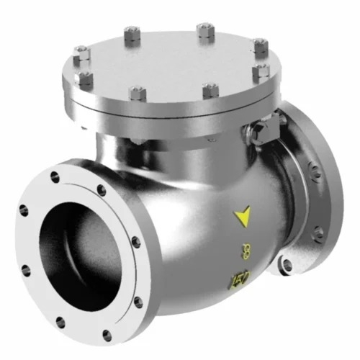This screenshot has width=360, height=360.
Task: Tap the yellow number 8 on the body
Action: [x=247, y=251]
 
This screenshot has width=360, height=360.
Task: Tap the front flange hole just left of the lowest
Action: [x=60, y=323]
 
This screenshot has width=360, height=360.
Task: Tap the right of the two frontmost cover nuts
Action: [x=210, y=89]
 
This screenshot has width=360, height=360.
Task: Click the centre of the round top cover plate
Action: [x=170, y=62]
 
